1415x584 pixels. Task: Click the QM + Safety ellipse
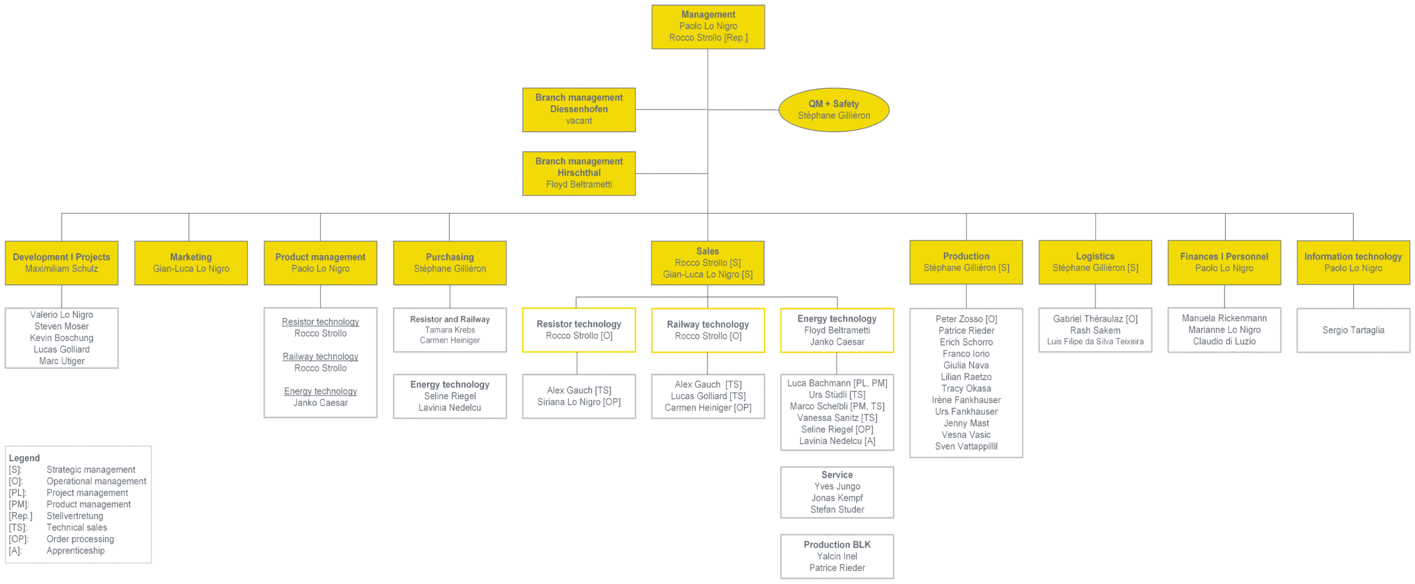(834, 110)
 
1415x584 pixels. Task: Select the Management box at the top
(708, 27)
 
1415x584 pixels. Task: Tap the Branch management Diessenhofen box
(579, 110)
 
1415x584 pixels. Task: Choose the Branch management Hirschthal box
(579, 174)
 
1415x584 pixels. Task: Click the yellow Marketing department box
(191, 262)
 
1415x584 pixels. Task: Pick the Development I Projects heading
(61, 257)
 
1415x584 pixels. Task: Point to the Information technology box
(1354, 262)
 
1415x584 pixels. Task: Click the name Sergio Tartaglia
(1354, 330)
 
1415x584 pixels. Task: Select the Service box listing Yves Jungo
(837, 492)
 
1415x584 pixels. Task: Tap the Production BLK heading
(837, 544)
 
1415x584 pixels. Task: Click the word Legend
(24, 458)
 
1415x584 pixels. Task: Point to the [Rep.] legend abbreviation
(20, 516)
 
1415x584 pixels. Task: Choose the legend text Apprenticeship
(75, 550)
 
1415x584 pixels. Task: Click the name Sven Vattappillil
(966, 446)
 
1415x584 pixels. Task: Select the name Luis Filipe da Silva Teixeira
(1096, 342)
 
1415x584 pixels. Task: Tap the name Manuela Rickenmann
(1225, 318)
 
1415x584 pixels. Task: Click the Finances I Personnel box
(1225, 262)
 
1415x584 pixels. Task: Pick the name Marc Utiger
(61, 361)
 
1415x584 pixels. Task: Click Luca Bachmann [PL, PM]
(837, 383)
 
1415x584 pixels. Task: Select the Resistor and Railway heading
(450, 319)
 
